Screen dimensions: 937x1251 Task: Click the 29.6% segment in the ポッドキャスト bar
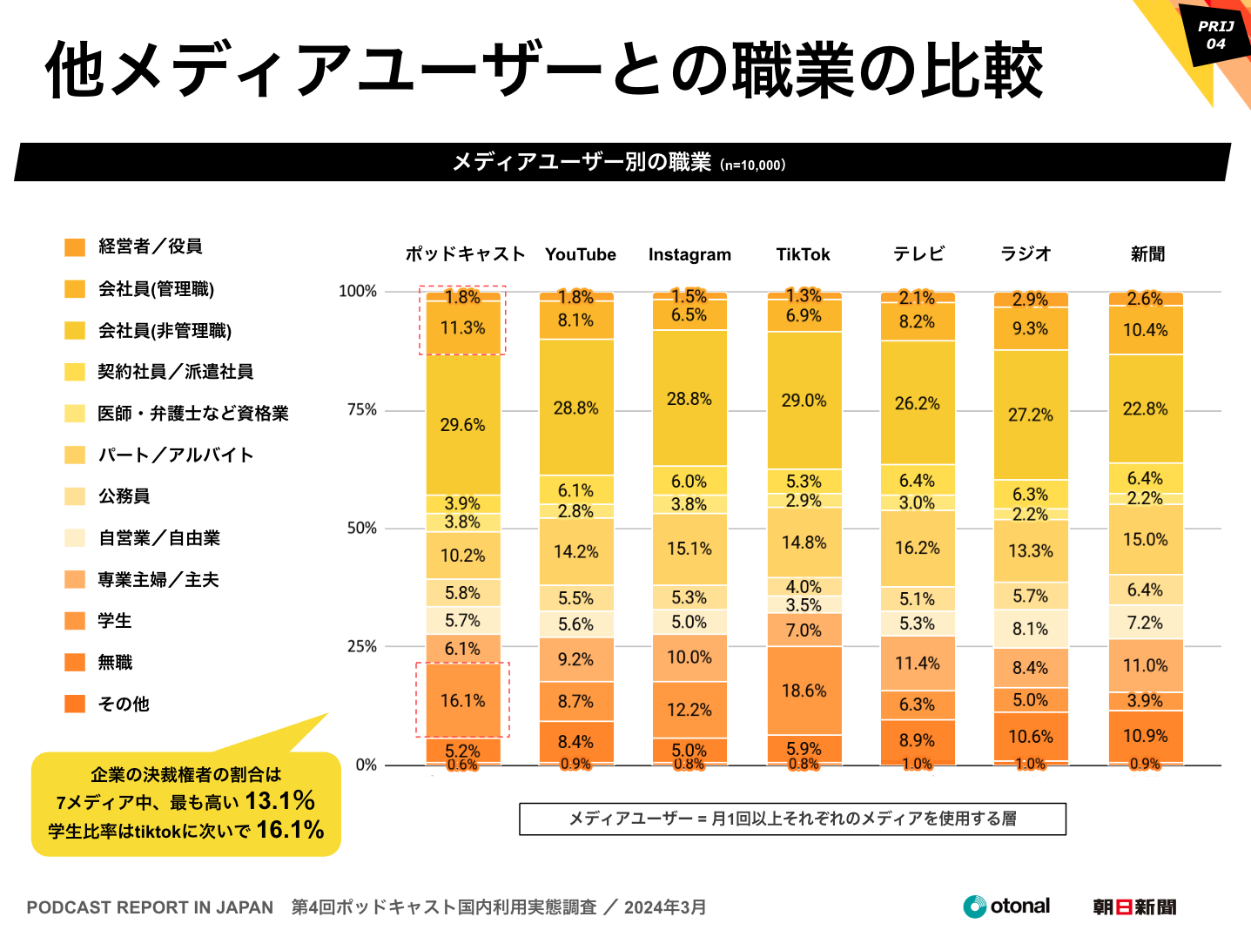coord(462,425)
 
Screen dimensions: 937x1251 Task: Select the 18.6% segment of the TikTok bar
coord(804,691)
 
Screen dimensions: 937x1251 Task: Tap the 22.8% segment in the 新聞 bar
coord(1145,408)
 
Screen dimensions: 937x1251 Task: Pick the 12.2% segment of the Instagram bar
coord(689,710)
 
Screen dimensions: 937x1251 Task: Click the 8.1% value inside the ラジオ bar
coord(1030,629)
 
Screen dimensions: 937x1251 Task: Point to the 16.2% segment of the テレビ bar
coord(917,548)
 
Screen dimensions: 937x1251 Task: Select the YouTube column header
coord(581,254)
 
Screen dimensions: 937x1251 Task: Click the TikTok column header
coord(803,254)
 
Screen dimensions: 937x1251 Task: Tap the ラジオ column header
coord(1026,254)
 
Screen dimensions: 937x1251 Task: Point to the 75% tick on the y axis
coord(362,410)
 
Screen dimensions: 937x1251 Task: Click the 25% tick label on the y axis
coord(362,647)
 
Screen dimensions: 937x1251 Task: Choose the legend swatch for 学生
coord(75,621)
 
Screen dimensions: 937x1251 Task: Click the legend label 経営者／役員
coord(151,246)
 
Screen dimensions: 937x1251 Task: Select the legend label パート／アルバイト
coord(176,455)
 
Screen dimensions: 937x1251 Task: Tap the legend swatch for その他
coord(75,704)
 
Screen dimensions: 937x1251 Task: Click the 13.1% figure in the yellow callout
coord(279,800)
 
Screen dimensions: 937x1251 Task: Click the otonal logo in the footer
coord(1006,907)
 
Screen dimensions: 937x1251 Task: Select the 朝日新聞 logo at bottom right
coord(1134,907)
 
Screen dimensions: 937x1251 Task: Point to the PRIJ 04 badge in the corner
coord(1215,35)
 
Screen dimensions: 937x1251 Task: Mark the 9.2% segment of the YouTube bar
coord(575,659)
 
